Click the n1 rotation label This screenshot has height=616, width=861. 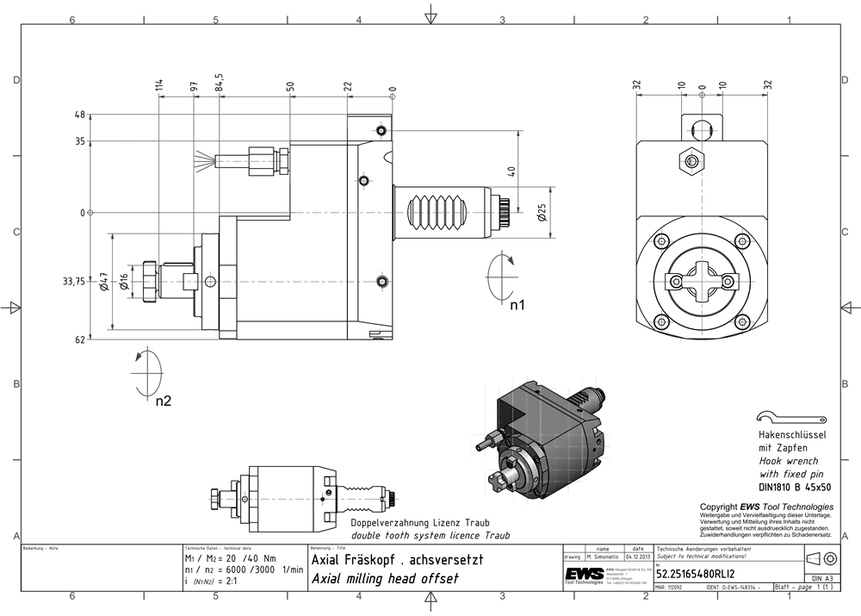517,305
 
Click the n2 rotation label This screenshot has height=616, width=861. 164,401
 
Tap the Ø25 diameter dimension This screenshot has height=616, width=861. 541,212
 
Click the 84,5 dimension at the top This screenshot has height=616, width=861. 220,83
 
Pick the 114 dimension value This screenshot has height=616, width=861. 159,84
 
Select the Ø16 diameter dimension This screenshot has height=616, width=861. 125,282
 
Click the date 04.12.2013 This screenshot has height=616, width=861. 637,556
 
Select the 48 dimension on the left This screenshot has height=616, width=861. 80,115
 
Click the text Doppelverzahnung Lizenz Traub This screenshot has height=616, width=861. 419,524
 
